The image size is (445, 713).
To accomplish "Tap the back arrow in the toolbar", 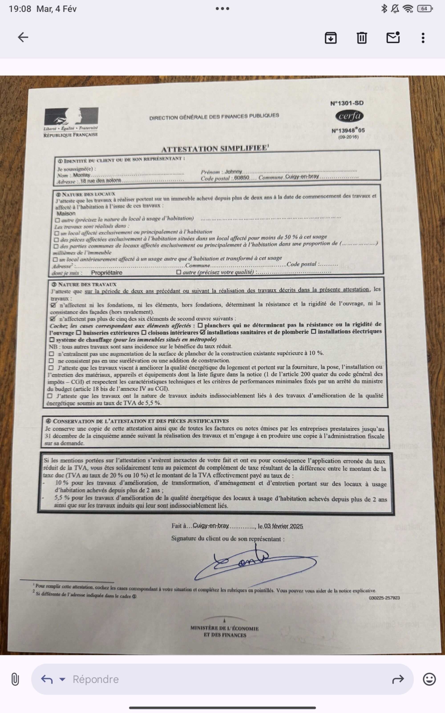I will (x=23, y=37).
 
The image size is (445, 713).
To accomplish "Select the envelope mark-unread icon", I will (x=393, y=38).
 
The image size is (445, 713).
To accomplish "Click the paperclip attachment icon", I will (x=15, y=679).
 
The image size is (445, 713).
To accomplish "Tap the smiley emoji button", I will (x=429, y=679).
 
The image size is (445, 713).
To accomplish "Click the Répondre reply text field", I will (x=206, y=679).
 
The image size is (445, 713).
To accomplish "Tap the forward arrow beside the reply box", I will (x=398, y=679).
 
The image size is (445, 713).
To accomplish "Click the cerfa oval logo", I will (x=349, y=116).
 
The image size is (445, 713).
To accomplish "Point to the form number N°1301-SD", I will (x=347, y=103).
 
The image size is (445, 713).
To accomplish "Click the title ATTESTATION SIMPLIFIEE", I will (x=214, y=148).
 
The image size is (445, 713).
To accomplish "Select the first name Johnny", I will (x=233, y=172).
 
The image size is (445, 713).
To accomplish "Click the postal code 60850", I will (x=241, y=178).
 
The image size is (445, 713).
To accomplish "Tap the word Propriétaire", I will (x=107, y=272).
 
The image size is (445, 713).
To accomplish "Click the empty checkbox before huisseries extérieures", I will (x=79, y=333).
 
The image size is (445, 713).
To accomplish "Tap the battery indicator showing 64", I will (x=424, y=9).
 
